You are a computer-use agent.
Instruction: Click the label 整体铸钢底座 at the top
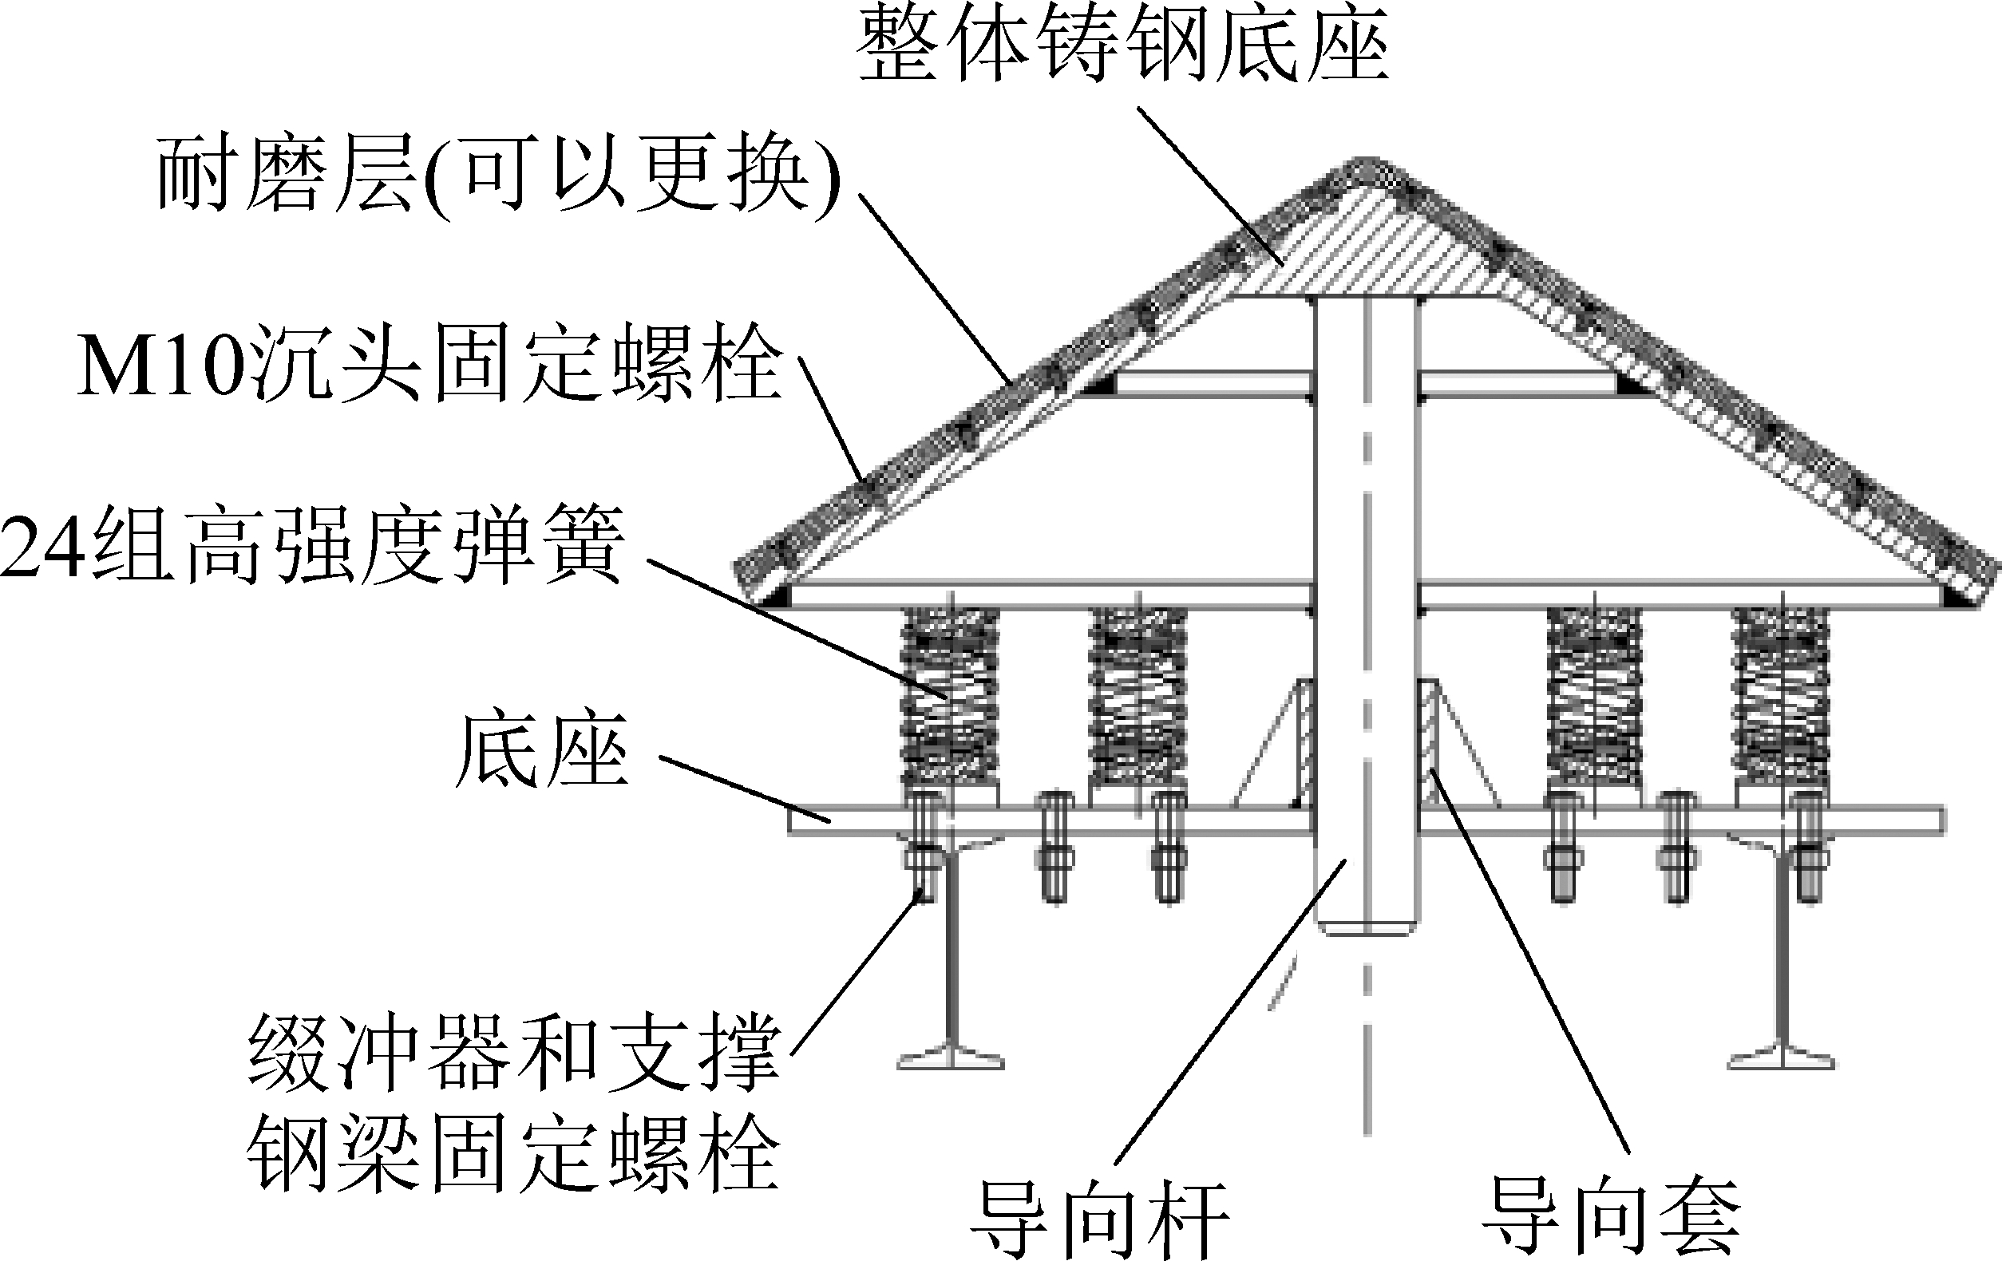[1122, 45]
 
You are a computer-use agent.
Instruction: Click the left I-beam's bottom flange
[950, 1060]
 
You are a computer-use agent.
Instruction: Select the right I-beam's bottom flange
[1782, 1060]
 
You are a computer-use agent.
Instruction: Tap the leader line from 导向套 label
[1529, 964]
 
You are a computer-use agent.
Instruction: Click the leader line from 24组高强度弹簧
[798, 627]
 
